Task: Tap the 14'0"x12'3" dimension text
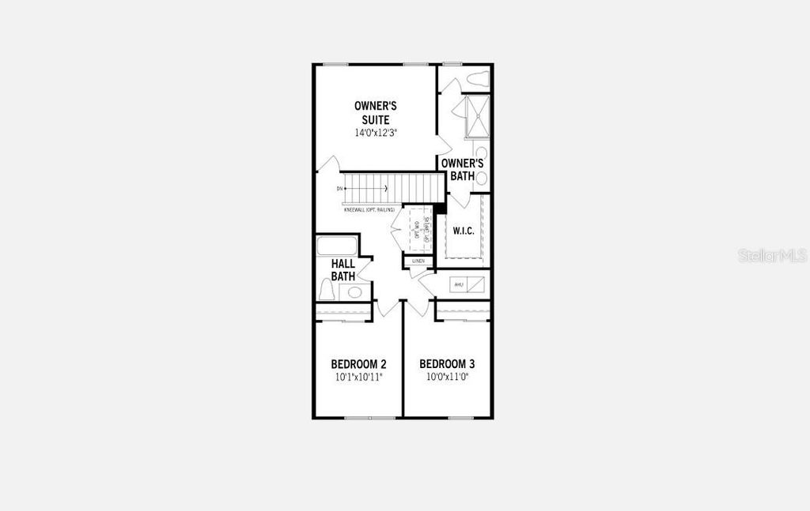(x=376, y=133)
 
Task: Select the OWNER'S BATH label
(x=462, y=169)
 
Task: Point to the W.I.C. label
(x=463, y=231)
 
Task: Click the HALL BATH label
(x=343, y=270)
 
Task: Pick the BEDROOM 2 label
(x=358, y=364)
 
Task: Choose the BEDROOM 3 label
(x=447, y=364)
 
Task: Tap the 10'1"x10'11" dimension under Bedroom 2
(x=358, y=378)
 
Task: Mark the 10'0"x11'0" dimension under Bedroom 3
(x=447, y=378)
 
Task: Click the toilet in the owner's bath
(x=478, y=78)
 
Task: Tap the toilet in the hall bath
(x=327, y=290)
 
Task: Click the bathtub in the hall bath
(x=337, y=246)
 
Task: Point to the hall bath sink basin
(x=355, y=292)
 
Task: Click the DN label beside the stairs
(x=339, y=189)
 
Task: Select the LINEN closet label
(x=418, y=261)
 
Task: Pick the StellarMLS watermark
(x=772, y=256)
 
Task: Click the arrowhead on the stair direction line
(x=385, y=189)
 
